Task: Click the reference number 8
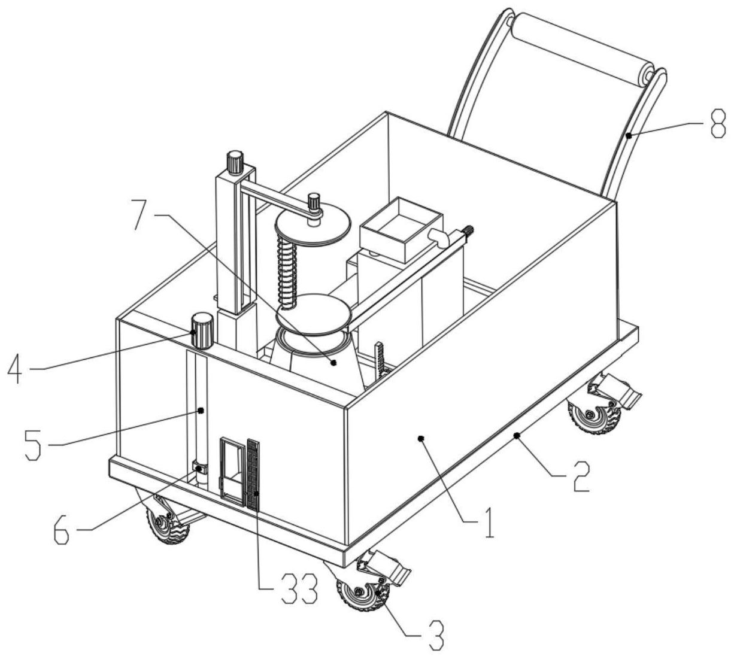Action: coord(717,126)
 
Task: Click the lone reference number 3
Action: coord(436,635)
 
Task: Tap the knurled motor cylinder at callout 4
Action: coord(202,330)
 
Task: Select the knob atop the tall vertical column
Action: coord(235,162)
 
